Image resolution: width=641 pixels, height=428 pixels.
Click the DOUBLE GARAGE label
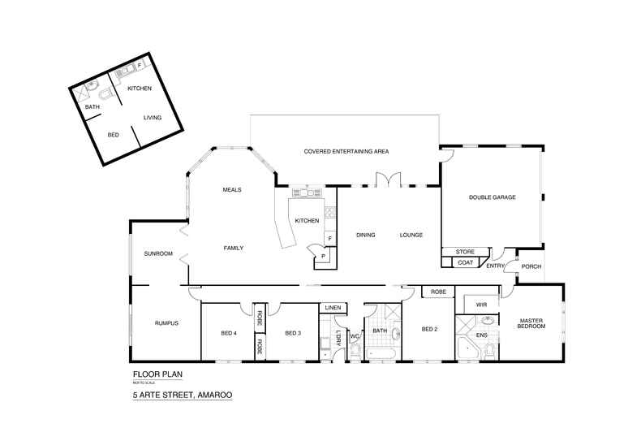click(492, 197)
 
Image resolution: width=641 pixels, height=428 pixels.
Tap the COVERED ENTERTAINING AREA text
click(346, 152)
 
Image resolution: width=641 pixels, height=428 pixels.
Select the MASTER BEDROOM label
click(531, 323)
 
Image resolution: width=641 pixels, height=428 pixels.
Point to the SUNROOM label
click(158, 253)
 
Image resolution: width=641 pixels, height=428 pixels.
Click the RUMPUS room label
click(166, 323)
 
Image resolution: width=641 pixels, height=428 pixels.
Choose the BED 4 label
click(229, 333)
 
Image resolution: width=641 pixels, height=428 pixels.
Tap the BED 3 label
click(293, 333)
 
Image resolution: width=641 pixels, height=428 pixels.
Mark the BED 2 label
click(429, 329)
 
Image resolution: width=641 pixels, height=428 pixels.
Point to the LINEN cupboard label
click(333, 309)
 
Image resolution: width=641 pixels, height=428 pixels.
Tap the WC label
click(355, 335)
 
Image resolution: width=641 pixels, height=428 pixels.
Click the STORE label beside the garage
click(464, 252)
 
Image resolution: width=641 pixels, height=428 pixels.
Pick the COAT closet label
click(464, 262)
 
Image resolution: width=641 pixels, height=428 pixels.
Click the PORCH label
click(531, 266)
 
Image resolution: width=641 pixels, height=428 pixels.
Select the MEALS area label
click(233, 190)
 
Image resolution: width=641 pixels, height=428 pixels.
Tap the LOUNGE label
click(411, 236)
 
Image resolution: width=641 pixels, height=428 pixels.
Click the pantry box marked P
click(323, 257)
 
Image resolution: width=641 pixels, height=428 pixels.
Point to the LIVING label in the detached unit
click(153, 118)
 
